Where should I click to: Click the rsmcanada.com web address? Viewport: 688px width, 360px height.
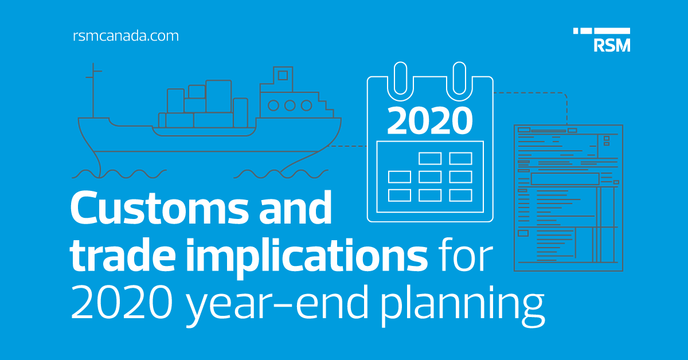pyautogui.click(x=126, y=36)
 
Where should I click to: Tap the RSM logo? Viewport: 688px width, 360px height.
pyautogui.click(x=601, y=40)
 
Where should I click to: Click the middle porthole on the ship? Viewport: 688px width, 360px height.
pyautogui.click(x=290, y=105)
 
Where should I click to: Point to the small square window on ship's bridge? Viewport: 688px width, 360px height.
pyautogui.click(x=282, y=75)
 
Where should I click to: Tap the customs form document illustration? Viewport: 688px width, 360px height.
pyautogui.click(x=568, y=197)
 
